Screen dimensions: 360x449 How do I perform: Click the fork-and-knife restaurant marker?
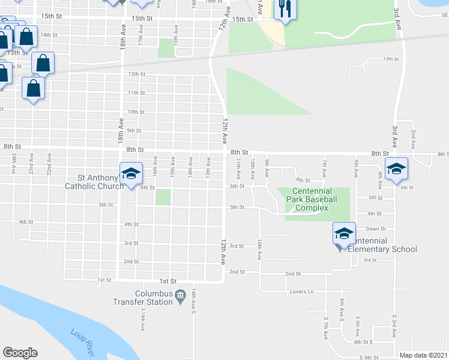tap(283, 9)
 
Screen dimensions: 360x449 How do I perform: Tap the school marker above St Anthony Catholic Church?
tap(131, 173)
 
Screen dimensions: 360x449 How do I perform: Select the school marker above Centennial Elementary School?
tap(343, 233)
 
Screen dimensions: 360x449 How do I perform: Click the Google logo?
tap(20, 353)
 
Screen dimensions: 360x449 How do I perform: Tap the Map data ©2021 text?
tap(423, 355)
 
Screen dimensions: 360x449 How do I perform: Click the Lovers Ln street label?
tap(303, 292)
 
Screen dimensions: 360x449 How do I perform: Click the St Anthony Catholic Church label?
tap(93, 182)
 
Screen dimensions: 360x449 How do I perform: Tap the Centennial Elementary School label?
tap(382, 249)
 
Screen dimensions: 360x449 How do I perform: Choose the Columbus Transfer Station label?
tap(143, 298)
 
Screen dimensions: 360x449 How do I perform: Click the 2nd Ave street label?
tap(413, 139)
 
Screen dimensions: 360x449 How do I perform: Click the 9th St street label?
tap(134, 130)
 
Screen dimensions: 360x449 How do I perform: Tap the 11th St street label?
tap(136, 93)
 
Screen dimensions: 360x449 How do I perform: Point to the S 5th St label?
tap(369, 358)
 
